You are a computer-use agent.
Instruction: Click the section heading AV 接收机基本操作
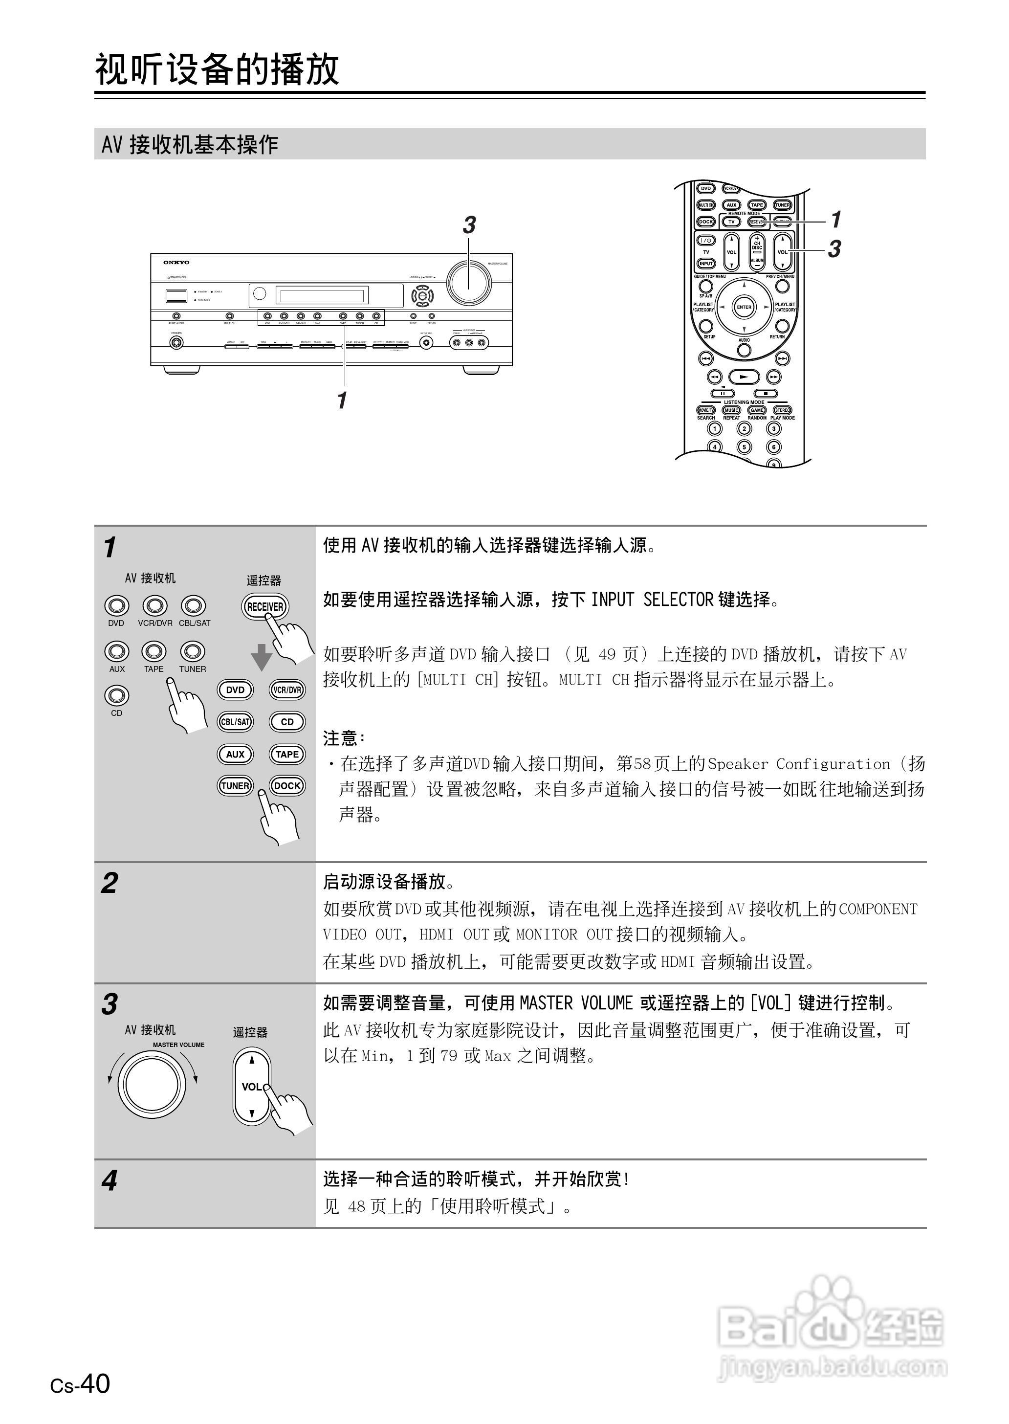coord(190,145)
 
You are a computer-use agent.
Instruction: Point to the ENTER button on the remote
coord(744,307)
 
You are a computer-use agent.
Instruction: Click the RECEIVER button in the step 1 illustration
coord(265,607)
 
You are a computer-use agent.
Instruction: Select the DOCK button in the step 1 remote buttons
coord(287,786)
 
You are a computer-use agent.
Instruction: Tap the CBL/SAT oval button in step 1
coord(236,722)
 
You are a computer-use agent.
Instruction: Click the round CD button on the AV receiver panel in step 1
coord(117,695)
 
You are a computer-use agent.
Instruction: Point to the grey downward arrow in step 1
coord(262,657)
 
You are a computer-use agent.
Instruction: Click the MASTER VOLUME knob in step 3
coord(152,1085)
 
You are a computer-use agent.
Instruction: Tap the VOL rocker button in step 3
coord(252,1087)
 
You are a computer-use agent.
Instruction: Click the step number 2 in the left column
coord(110,883)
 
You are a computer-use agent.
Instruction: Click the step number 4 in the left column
coord(110,1181)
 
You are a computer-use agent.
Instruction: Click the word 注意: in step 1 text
coord(343,738)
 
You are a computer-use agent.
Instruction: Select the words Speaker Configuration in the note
coord(798,764)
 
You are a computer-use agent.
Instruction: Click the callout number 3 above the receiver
coord(469,225)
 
